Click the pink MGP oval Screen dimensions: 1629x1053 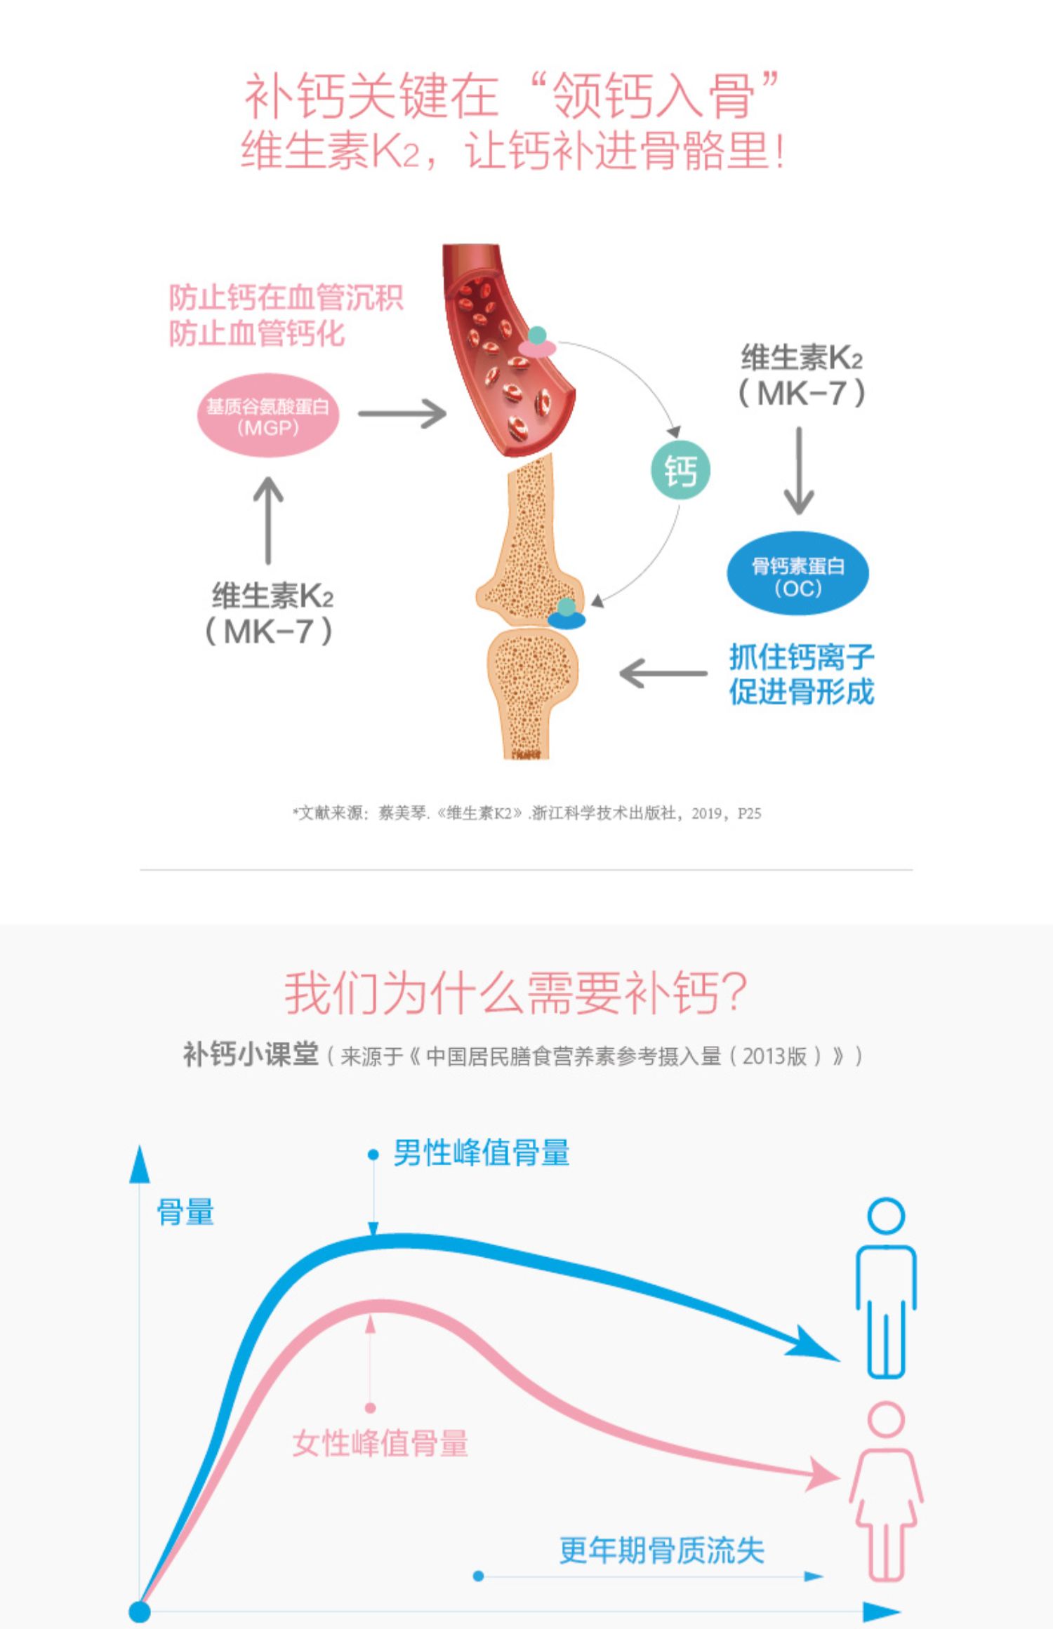(x=268, y=415)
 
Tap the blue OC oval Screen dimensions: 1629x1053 (x=797, y=574)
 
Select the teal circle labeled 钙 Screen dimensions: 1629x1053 (x=680, y=470)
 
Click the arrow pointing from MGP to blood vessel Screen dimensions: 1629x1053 (x=402, y=413)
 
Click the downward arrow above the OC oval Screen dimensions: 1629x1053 (x=798, y=471)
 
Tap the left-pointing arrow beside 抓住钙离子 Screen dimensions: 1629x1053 (x=663, y=673)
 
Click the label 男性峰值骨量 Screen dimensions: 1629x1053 (x=481, y=1153)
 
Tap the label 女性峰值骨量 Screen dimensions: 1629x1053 (x=380, y=1444)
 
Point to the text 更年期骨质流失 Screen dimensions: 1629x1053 (x=661, y=1550)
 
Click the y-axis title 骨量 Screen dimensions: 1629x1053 (x=185, y=1212)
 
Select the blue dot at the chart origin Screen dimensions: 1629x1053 (x=140, y=1611)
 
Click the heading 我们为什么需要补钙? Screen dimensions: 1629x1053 (x=515, y=993)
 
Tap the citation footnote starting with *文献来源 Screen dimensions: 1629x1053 (x=526, y=813)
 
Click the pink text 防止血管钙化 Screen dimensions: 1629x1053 (x=256, y=333)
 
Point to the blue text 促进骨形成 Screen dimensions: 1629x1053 (x=801, y=692)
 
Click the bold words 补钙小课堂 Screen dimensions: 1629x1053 (x=251, y=1054)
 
